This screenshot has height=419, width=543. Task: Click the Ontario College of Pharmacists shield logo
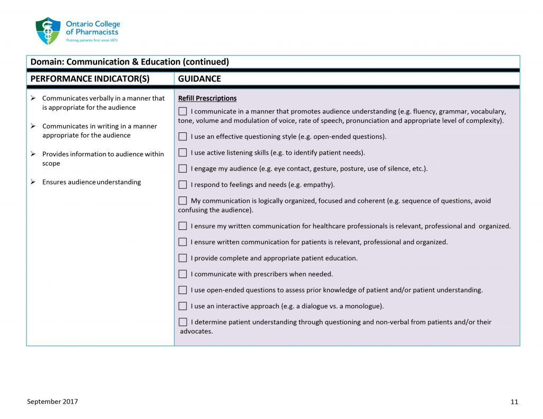48,31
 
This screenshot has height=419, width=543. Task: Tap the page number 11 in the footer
514,402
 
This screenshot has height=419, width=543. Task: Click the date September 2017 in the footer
52,402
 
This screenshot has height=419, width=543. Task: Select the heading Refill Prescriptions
207,99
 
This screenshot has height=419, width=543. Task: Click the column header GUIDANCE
199,79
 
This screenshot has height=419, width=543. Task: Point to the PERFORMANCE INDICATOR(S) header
90,79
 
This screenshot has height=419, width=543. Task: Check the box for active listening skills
183,153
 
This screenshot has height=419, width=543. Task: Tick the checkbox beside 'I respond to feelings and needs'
183,185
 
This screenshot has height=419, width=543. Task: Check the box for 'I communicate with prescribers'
183,274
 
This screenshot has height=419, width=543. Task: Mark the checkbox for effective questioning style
183,137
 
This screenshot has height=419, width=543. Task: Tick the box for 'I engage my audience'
183,169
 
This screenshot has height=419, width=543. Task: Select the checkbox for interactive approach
183,306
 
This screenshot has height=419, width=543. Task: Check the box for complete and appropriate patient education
183,258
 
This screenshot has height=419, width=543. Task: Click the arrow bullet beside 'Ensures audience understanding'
33,182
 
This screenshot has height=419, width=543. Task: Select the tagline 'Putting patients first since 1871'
92,40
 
